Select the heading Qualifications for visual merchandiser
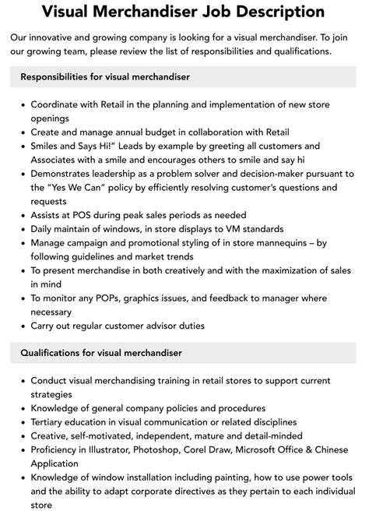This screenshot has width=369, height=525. pos(101,353)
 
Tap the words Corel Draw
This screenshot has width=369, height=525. pos(225,450)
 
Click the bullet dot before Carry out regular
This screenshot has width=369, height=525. pos(23,327)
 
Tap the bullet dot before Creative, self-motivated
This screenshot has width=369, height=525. pos(23,436)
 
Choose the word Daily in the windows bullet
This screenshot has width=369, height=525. pos(44,229)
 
